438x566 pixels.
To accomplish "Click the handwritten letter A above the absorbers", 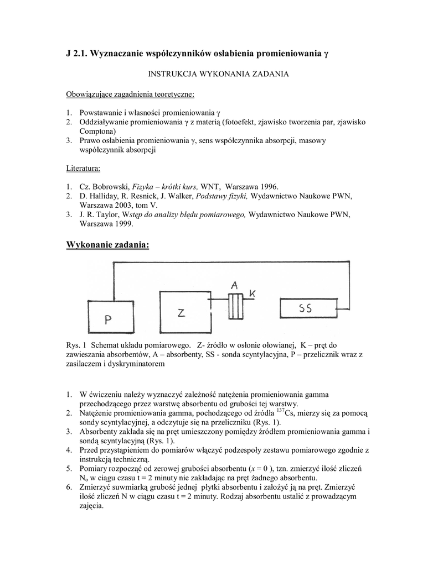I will click(235, 285).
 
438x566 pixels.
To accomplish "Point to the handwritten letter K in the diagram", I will click(253, 294).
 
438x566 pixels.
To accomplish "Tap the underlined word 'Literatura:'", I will click(83, 167).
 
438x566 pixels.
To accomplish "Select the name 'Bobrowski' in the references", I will click(108, 187).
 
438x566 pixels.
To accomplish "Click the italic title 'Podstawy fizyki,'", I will click(221, 196).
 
